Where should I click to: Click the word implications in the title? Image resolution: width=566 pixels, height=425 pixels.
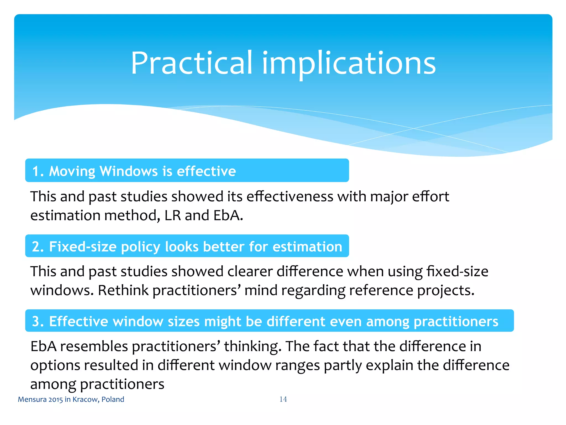(x=349, y=64)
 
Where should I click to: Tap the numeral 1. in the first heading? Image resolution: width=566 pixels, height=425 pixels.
(x=38, y=171)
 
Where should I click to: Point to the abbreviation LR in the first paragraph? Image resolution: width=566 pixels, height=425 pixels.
(x=172, y=215)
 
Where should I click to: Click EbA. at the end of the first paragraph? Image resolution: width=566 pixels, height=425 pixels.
(x=228, y=215)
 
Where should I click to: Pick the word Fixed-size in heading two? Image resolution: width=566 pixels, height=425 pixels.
(x=83, y=247)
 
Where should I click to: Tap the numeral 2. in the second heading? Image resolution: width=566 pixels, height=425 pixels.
(x=38, y=247)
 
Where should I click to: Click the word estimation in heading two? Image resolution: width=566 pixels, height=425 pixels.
(x=307, y=247)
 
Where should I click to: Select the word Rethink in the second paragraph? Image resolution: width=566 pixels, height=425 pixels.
(x=123, y=290)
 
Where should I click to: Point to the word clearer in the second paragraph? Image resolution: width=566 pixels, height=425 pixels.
(x=250, y=271)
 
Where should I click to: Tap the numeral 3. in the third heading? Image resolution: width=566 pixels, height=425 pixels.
(x=38, y=322)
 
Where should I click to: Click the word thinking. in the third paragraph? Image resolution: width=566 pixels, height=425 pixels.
(x=253, y=346)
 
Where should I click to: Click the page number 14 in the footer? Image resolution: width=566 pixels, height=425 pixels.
(x=283, y=399)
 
